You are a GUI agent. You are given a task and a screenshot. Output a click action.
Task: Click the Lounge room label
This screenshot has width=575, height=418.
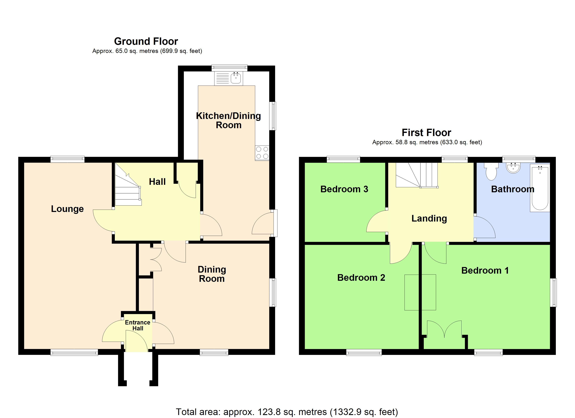pyautogui.click(x=67, y=209)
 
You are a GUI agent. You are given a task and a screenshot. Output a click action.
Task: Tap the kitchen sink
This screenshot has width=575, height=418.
pyautogui.click(x=236, y=78)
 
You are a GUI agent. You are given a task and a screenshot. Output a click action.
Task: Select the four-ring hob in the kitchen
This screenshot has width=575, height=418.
pyautogui.click(x=262, y=153)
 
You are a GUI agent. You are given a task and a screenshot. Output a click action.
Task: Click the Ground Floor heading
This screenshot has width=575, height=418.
pyautogui.click(x=146, y=41)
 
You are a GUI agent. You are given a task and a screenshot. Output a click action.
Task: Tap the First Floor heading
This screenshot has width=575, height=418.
pyautogui.click(x=426, y=133)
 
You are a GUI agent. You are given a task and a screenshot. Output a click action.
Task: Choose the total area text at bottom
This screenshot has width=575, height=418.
pyautogui.click(x=287, y=412)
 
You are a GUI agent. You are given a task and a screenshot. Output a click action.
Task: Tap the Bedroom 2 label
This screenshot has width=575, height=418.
pyautogui.click(x=361, y=278)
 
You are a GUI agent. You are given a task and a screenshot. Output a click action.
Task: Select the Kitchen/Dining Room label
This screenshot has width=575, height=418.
pyautogui.click(x=228, y=120)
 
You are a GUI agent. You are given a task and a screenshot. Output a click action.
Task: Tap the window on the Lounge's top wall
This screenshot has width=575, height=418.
pyautogui.click(x=67, y=159)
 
